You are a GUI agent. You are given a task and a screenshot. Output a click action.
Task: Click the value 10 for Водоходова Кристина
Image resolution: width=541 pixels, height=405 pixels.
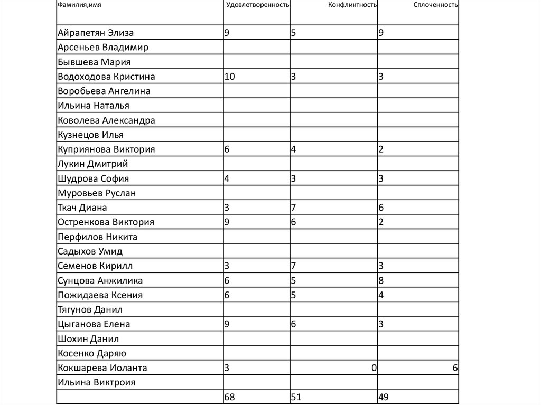pyautogui.click(x=230, y=77)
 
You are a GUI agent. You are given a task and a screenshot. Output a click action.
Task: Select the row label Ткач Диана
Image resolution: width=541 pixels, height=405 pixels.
pyautogui.click(x=82, y=208)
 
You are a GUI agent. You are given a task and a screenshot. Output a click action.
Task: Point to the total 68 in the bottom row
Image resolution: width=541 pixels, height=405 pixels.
pyautogui.click(x=230, y=397)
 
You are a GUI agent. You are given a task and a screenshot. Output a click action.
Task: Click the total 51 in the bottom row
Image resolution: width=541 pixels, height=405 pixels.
pyautogui.click(x=296, y=397)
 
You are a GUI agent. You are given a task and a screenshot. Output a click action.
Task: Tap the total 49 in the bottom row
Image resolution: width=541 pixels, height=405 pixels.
pyautogui.click(x=384, y=397)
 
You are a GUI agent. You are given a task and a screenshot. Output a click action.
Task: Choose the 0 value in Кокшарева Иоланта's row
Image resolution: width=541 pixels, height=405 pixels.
pyautogui.click(x=374, y=368)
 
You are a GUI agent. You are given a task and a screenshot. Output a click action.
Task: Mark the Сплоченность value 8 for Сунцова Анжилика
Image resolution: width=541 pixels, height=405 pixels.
pyautogui.click(x=381, y=281)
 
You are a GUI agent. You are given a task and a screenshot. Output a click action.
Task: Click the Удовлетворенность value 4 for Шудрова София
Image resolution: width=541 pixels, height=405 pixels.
pyautogui.click(x=227, y=178)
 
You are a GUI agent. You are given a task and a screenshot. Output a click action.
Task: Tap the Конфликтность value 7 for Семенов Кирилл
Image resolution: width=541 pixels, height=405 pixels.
pyautogui.click(x=293, y=266)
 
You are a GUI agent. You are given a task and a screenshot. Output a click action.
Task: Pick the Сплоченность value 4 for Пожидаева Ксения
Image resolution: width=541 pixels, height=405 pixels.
pyautogui.click(x=381, y=295)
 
